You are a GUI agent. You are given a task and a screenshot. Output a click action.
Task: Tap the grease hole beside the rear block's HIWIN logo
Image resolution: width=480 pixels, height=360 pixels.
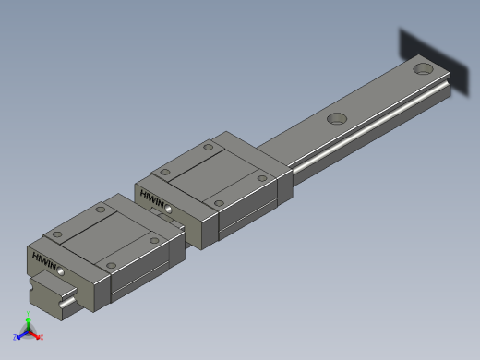click(x=170, y=209)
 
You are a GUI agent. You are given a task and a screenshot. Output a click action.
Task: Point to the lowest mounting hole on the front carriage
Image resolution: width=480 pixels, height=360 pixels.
click(x=111, y=266)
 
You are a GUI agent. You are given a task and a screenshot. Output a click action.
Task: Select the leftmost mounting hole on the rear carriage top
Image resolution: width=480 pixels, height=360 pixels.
click(x=164, y=173)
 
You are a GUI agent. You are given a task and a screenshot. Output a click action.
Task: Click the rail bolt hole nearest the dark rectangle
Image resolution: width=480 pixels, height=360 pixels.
click(x=423, y=67)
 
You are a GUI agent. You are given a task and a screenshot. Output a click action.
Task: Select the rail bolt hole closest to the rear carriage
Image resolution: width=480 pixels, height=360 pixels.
click(x=336, y=118)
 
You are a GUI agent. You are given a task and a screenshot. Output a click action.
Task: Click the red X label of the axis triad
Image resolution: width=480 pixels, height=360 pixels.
click(x=42, y=337)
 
